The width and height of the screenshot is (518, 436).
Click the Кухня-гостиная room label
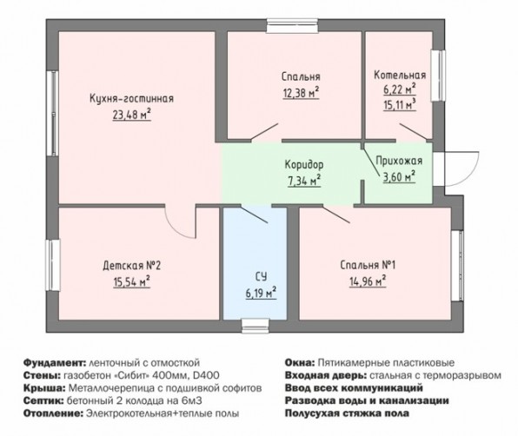131,98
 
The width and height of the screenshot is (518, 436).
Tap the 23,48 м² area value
132,115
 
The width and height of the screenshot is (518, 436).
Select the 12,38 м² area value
301,93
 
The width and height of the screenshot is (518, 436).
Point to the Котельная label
400,75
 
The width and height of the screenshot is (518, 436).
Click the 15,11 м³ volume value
400,105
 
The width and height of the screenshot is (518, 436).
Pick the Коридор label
304,165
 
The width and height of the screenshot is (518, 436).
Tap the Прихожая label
400,161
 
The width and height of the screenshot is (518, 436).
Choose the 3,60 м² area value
399,177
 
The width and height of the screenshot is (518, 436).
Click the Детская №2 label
131,266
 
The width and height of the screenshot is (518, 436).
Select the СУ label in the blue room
261,276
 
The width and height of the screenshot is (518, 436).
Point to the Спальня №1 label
368,265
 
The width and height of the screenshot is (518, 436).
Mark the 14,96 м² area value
368,281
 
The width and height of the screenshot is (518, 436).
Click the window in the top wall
292,26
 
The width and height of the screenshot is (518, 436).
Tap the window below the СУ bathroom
255,326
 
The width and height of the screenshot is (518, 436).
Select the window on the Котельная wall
439,76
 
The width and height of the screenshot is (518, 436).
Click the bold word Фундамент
54,362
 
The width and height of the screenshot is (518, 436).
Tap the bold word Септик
43,400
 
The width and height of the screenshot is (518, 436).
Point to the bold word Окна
300,362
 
